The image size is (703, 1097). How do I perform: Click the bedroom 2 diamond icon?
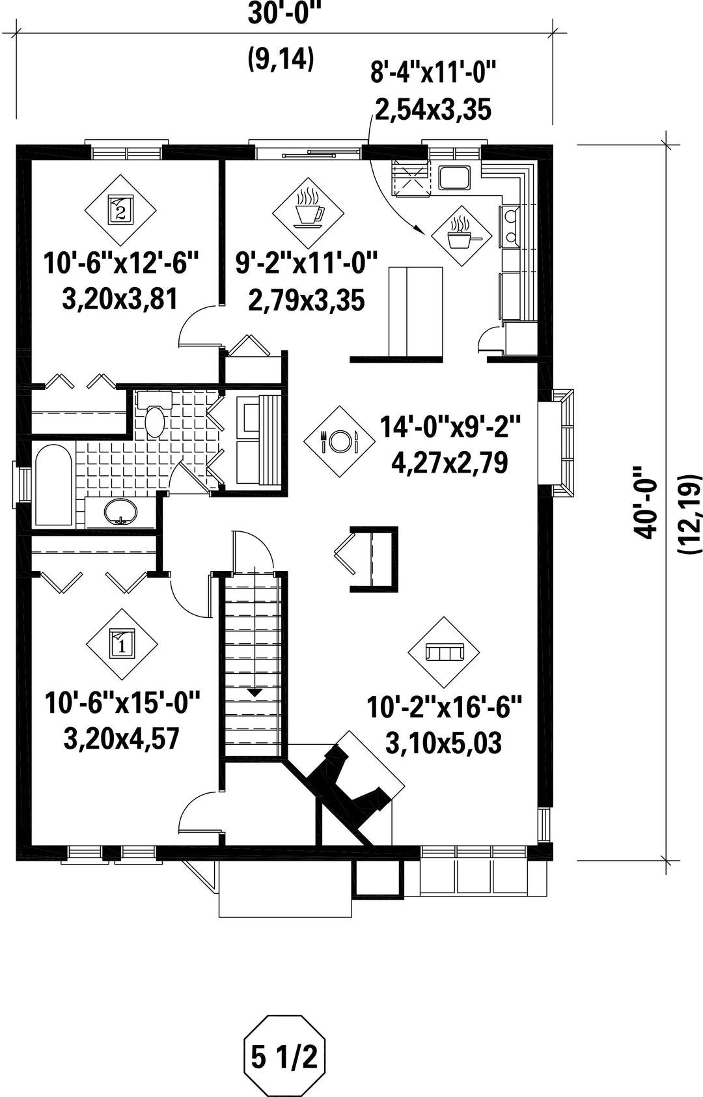(120, 210)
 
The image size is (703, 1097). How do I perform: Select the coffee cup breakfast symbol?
(308, 213)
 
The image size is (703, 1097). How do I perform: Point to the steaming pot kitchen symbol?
(461, 236)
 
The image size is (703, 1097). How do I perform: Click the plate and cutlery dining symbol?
(339, 441)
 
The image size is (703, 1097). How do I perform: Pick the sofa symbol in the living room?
(444, 652)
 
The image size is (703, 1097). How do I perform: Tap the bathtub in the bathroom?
(53, 485)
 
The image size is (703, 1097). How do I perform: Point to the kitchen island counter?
(416, 312)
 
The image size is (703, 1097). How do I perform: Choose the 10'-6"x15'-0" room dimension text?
(122, 704)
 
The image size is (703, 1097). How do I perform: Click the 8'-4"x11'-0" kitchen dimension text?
(434, 74)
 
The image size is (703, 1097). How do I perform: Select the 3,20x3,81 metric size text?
(120, 299)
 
